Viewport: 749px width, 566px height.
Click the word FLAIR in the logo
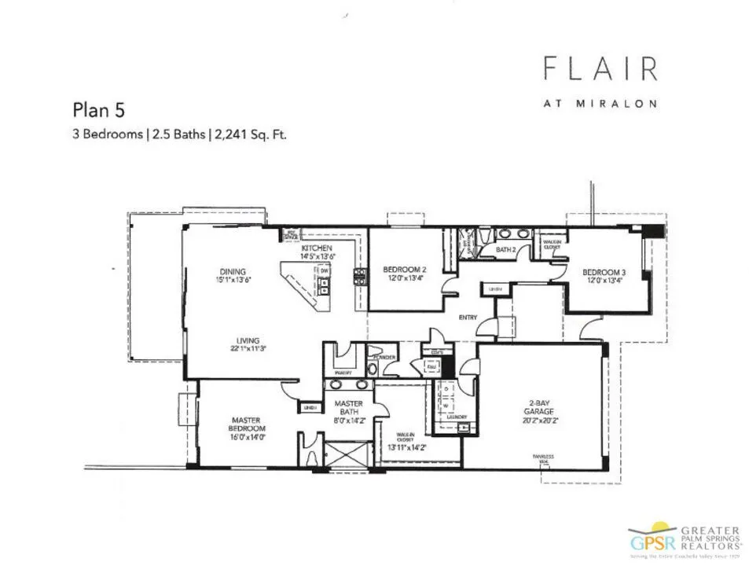pos(600,69)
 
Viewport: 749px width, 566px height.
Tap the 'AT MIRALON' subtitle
pos(600,103)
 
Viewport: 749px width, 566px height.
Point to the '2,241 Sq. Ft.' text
pos(253,134)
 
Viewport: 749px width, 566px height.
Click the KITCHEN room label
pos(318,248)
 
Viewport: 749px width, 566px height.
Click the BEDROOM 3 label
pos(604,274)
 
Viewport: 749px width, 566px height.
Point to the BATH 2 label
pos(505,250)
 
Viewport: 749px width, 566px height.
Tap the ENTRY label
pos(468,318)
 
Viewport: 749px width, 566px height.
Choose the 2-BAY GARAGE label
pos(542,410)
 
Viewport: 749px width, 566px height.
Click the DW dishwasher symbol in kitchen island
pos(324,271)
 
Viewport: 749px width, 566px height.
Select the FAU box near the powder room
pos(431,366)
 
